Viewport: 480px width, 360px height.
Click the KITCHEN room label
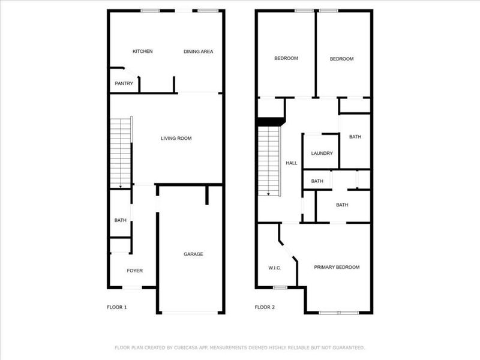[142, 52]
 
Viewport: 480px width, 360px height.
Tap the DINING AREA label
[198, 52]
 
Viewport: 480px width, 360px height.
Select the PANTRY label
[124, 83]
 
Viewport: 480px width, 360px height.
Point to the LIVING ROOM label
[176, 139]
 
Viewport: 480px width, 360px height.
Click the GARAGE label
[193, 254]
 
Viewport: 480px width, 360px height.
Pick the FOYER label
[134, 271]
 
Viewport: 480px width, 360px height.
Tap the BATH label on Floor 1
[120, 220]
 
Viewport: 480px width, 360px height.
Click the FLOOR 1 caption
[116, 307]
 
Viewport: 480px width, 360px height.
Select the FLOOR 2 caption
[264, 307]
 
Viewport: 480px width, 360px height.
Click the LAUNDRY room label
[322, 153]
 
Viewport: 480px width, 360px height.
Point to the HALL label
[292, 163]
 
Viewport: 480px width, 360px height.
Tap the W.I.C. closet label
[275, 268]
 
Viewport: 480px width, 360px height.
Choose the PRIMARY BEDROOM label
[337, 267]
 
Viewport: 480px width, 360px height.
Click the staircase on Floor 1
[121, 153]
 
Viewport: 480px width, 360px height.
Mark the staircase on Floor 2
[268, 159]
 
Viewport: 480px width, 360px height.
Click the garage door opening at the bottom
[190, 312]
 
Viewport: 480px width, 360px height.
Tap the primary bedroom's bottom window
[338, 312]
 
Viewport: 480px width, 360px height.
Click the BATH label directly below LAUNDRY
[317, 181]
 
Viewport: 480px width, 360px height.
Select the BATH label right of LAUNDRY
[355, 137]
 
